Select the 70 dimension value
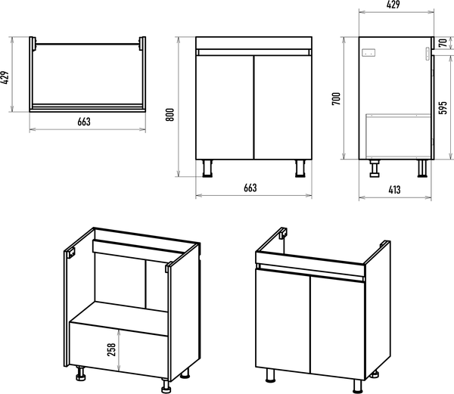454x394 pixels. pyautogui.click(x=442, y=44)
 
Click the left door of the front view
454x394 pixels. pyautogui.click(x=224, y=106)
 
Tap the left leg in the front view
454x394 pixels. pyautogui.click(x=208, y=168)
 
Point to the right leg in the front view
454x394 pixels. pyautogui.click(x=299, y=168)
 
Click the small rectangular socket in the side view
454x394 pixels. pyautogui.click(x=370, y=54)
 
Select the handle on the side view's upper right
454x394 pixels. pyautogui.click(x=427, y=53)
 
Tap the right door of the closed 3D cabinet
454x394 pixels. pyautogui.click(x=337, y=325)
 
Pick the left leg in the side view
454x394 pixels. pyautogui.click(x=374, y=167)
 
